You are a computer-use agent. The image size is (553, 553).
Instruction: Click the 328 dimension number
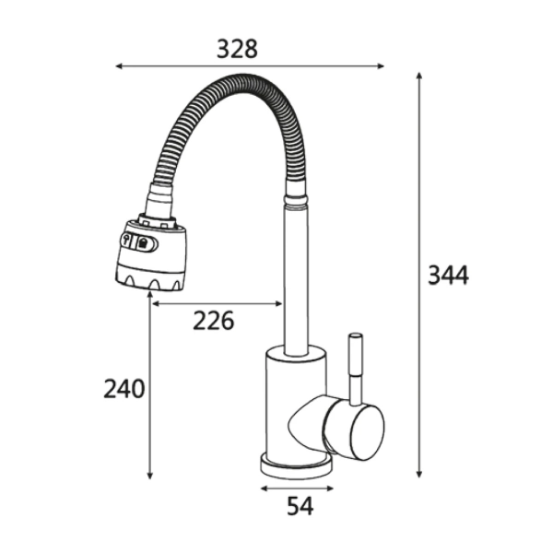click(237, 49)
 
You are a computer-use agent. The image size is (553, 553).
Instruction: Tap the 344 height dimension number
click(448, 275)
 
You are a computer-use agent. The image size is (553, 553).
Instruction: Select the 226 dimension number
click(214, 321)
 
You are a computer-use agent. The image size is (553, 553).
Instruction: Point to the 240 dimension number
click(124, 389)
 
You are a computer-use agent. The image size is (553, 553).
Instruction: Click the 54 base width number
click(300, 506)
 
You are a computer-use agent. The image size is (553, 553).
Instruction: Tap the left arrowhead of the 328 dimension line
click(119, 66)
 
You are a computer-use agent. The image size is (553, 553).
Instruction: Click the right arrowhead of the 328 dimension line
click(381, 66)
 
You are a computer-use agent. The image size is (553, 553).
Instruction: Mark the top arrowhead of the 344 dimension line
click(419, 76)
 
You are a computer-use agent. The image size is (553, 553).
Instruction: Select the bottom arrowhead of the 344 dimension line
click(419, 474)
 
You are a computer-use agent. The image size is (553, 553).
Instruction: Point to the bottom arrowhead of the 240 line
click(150, 476)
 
